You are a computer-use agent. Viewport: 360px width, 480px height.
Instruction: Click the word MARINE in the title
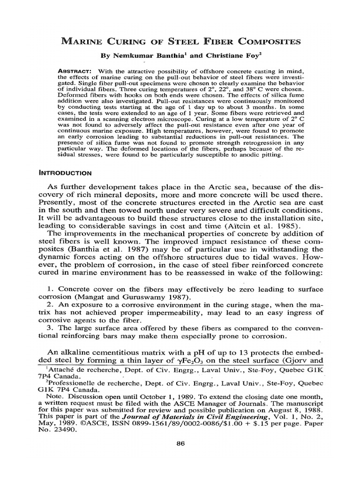point(84,42)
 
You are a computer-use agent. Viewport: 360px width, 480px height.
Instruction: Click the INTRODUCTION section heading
point(67,172)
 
